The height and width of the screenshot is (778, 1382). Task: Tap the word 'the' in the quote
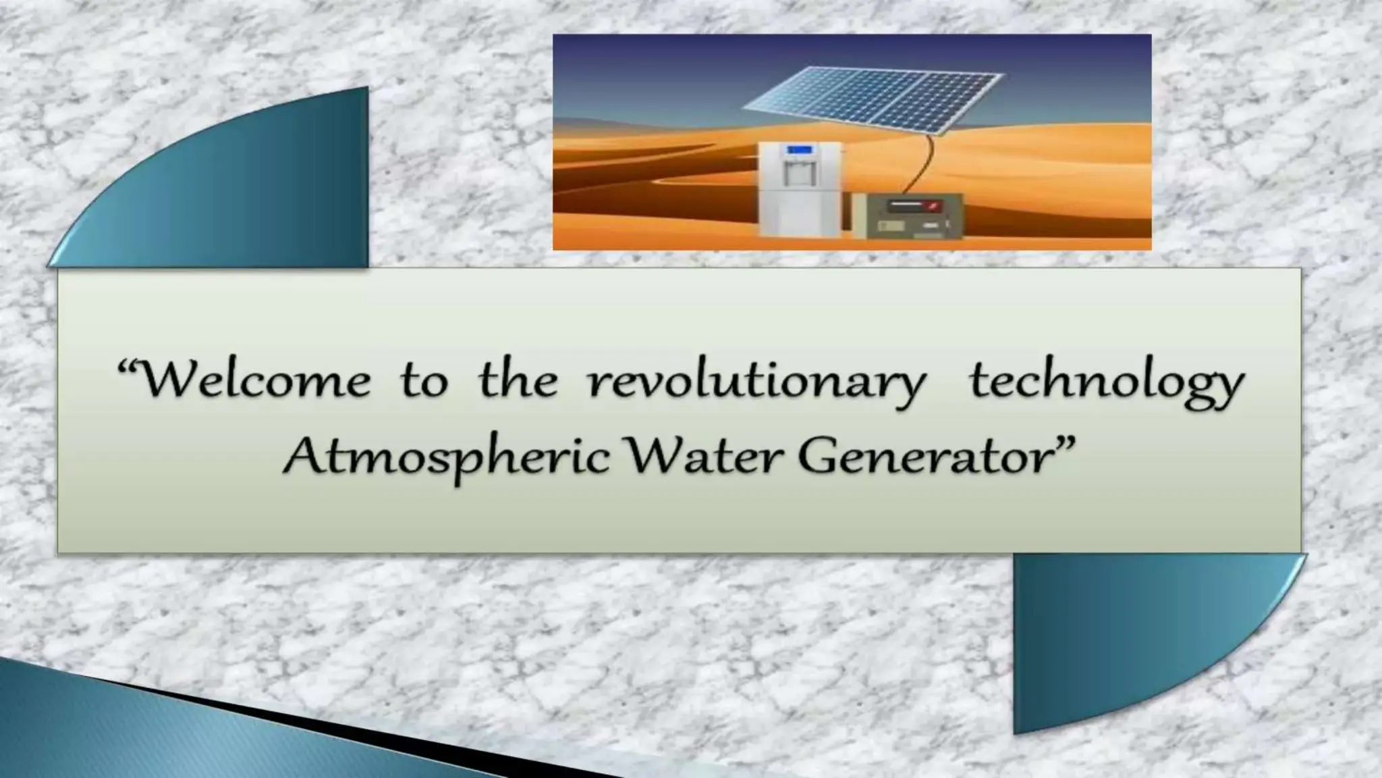pyautogui.click(x=518, y=381)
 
